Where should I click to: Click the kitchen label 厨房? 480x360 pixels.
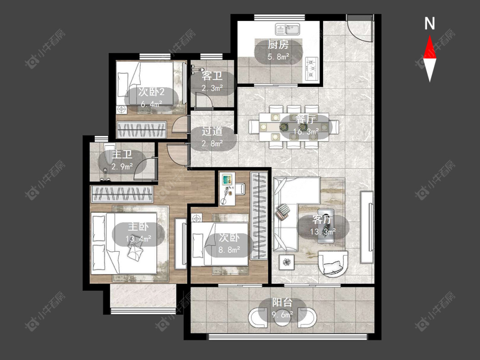pos(278,45)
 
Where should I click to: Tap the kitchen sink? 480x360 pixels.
pos(288,30)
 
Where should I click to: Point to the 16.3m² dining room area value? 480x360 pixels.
pos(306,132)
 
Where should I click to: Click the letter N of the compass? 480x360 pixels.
pos(430,23)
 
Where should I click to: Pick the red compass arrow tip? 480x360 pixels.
pos(430,35)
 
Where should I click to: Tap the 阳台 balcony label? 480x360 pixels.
pos(282,302)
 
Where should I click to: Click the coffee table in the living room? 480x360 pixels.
pos(326,226)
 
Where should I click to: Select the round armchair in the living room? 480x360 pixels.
pos(333,264)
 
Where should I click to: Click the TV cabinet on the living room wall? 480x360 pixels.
pos(367,227)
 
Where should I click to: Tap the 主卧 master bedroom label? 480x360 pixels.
pos(138,227)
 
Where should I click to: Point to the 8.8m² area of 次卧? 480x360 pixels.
pos(229,250)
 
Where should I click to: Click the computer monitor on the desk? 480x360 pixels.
pos(227,179)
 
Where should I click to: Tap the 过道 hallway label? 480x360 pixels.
pos(212,131)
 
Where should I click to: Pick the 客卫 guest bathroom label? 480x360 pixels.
pos(212,76)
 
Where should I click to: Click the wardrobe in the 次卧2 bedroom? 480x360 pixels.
pos(142,130)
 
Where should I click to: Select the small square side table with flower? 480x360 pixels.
pos(287,262)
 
